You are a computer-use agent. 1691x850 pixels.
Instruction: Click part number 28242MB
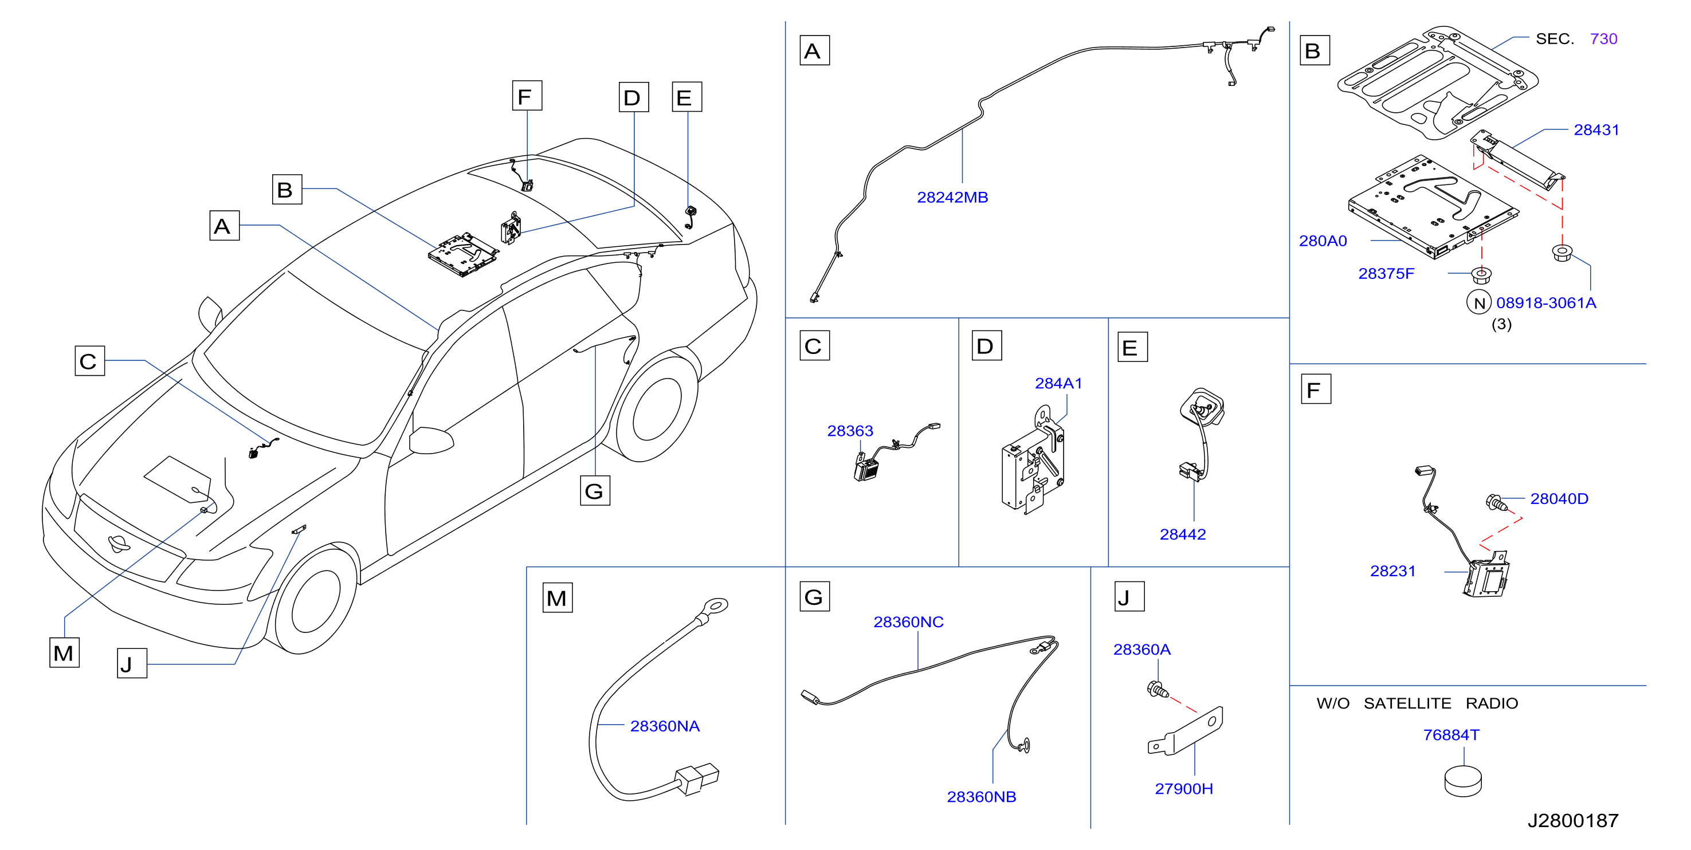(952, 198)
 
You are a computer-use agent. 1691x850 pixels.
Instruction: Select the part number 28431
(1596, 130)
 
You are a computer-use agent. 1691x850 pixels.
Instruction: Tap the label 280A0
(1323, 241)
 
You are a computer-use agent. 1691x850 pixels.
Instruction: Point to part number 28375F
(1386, 274)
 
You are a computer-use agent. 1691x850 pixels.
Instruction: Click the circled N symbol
(1479, 302)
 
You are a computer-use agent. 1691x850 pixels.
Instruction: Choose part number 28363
(850, 431)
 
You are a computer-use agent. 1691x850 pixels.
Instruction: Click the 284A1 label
(1058, 383)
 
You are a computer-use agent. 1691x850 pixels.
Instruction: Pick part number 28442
(1182, 534)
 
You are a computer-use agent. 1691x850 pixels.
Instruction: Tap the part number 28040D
(1559, 499)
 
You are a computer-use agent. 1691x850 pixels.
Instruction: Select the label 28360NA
(664, 726)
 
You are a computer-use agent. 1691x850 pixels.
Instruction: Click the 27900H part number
(1183, 789)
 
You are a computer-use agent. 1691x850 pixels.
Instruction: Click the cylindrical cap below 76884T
(1462, 781)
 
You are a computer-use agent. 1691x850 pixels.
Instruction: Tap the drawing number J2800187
(1573, 820)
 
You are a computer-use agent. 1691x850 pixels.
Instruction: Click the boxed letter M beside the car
(64, 653)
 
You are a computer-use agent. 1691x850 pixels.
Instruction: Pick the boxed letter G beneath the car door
(595, 491)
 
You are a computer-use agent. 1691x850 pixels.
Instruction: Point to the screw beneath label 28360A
(1158, 690)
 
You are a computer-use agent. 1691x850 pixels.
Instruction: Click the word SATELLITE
(1407, 703)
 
